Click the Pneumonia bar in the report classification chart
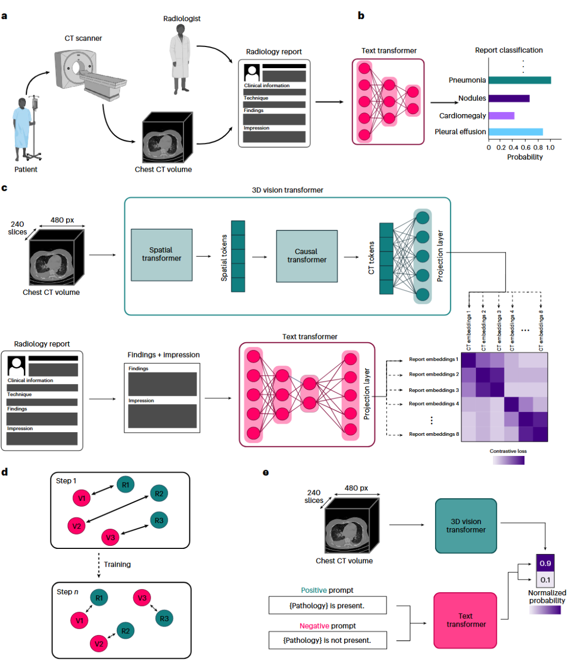519,80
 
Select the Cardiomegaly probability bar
501,116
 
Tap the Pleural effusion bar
515,132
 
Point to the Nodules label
472,98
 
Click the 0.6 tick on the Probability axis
526,148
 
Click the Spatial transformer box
161,255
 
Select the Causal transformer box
307,256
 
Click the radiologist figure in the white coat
180,58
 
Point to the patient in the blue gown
22,129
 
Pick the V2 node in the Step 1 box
77,526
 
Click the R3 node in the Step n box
164,619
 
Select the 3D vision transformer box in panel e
466,526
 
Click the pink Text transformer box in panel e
465,620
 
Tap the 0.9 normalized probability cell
545,563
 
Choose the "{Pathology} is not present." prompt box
327,640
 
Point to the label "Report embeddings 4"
434,404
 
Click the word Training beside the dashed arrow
117,564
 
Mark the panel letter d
5,472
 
